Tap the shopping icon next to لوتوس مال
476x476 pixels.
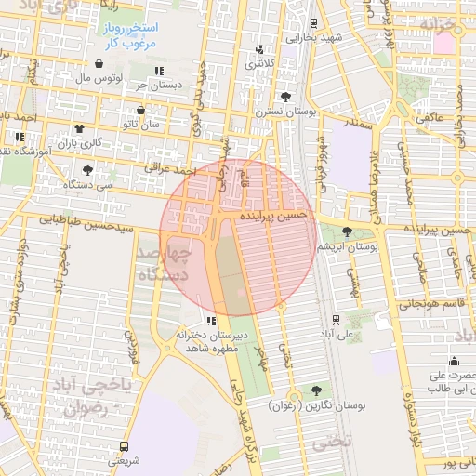99,64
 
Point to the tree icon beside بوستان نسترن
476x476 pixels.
285,96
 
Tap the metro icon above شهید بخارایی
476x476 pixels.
313,23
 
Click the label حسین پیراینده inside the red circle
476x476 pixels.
273,215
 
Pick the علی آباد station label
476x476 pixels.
337,332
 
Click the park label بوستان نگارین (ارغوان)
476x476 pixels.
318,406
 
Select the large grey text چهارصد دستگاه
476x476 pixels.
165,264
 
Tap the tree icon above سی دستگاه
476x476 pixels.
88,170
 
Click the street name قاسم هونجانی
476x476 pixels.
430,303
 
